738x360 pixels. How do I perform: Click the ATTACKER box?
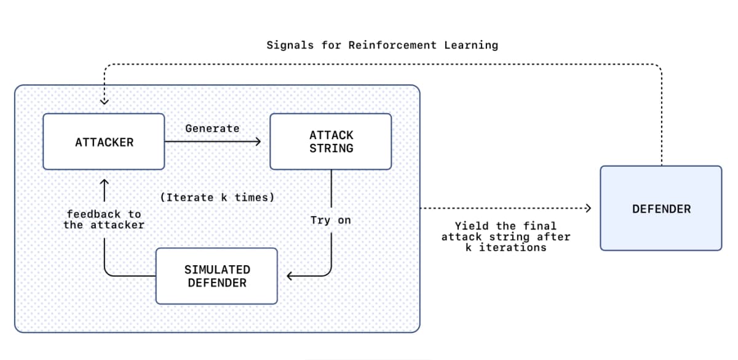pos(103,142)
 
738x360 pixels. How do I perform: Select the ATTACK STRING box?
pos(331,142)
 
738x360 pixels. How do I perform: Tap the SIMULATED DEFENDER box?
pos(216,276)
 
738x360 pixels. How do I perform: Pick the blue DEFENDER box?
pos(661,209)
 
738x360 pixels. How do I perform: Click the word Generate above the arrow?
pos(212,129)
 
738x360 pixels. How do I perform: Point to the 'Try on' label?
pos(331,220)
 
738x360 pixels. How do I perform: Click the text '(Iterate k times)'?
pos(217,198)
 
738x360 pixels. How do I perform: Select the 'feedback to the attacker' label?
pos(104,220)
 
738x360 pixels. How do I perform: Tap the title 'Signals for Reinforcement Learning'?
pos(382,45)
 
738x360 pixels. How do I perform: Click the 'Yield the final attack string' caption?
pos(506,236)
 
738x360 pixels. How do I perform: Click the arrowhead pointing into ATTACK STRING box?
pos(258,142)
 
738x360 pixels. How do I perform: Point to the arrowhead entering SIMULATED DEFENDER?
pos(290,276)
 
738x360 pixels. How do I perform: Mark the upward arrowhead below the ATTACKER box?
pos(104,182)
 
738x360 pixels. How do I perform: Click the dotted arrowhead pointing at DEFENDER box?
pos(587,208)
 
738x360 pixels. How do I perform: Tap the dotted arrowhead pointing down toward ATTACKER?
pos(104,101)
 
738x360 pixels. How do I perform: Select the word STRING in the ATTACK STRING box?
pos(331,148)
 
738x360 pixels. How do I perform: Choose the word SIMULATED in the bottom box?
pos(217,270)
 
